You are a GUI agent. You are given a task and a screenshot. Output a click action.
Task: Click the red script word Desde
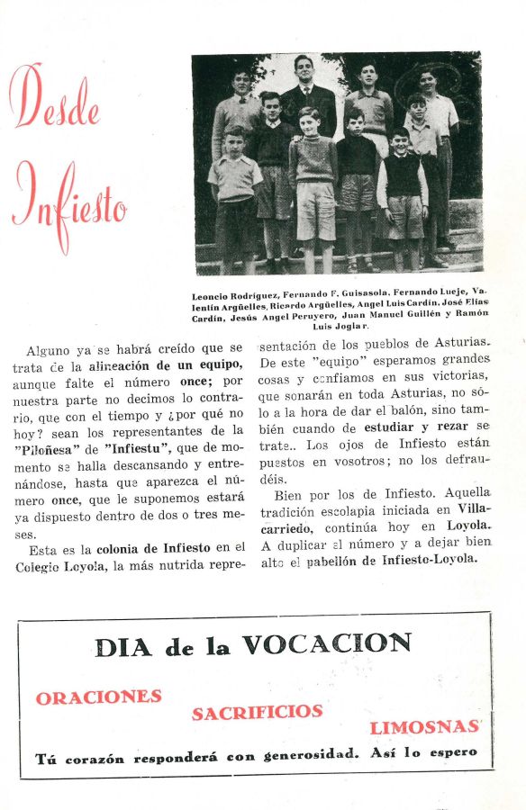click(54, 97)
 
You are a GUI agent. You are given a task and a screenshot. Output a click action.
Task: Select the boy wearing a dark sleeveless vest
click(401, 184)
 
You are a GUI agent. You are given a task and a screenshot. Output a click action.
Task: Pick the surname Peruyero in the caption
click(311, 316)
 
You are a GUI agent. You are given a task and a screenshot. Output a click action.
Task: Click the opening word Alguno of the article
click(48, 348)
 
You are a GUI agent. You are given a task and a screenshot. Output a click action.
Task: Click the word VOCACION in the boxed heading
click(326, 644)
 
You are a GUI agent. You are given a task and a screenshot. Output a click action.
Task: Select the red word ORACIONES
click(99, 697)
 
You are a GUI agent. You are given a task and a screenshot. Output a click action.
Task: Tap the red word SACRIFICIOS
click(256, 712)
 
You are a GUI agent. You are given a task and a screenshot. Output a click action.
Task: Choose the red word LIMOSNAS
click(423, 727)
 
